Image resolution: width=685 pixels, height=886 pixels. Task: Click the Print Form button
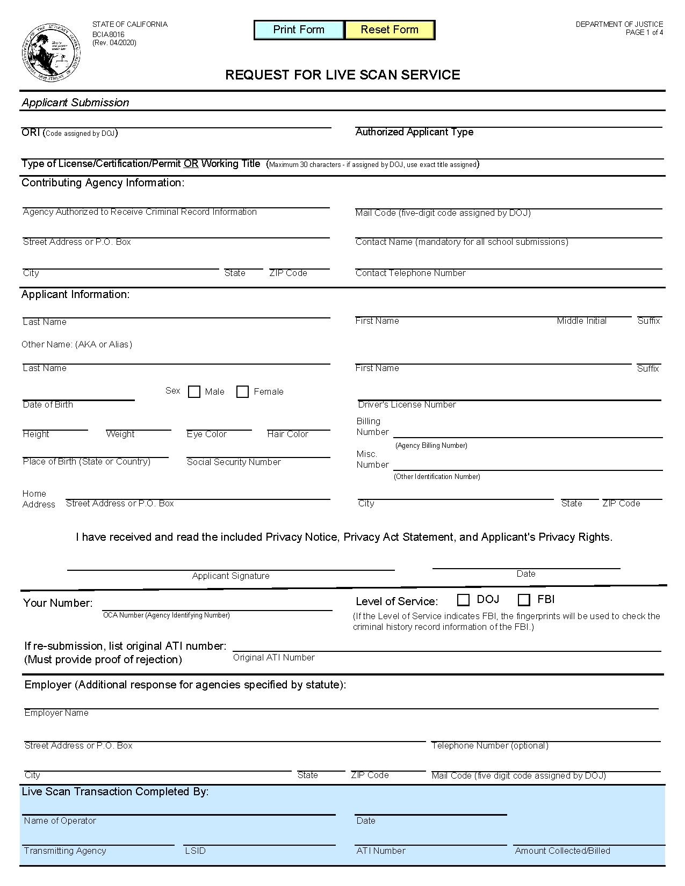299,30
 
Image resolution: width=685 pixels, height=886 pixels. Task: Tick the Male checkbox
194,392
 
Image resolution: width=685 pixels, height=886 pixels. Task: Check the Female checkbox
243,392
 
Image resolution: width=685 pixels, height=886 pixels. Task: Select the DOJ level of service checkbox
464,600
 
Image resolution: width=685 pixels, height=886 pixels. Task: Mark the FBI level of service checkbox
524,600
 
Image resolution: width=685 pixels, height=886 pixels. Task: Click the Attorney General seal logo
51,53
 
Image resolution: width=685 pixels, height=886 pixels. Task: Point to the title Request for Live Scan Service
342,75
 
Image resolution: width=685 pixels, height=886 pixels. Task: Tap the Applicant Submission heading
75,103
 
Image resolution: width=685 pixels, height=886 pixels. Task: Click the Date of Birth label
48,405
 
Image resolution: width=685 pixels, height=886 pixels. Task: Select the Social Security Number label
234,462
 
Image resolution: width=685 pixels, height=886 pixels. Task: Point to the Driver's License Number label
407,405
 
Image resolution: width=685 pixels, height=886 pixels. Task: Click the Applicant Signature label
231,576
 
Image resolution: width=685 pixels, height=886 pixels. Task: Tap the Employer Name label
56,713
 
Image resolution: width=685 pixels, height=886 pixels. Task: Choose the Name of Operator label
60,820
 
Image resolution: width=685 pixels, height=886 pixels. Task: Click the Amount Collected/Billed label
563,851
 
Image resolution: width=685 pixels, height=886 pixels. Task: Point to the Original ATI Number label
274,657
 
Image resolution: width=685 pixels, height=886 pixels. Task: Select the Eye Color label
207,434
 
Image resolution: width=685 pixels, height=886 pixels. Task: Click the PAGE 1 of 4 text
644,32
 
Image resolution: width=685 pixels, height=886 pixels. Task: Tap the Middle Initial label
581,321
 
